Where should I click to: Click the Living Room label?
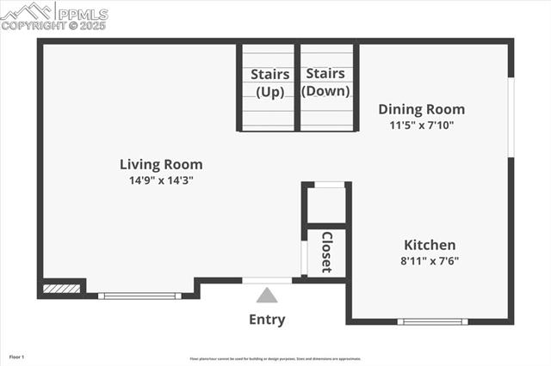point(161,164)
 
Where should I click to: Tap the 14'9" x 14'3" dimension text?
point(161,180)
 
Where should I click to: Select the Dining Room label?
point(422,109)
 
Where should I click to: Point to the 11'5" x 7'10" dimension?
point(422,125)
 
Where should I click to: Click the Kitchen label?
point(430,245)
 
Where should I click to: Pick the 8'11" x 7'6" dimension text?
point(430,260)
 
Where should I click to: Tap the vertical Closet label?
point(327,252)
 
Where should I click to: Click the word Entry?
point(267,320)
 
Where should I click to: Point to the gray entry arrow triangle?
point(267,296)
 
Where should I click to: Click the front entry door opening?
point(267,280)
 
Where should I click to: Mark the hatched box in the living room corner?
point(62,289)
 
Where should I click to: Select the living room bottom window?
point(139,296)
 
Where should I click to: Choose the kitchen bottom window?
point(433,322)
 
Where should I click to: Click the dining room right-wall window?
point(511,117)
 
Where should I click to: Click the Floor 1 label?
point(17,357)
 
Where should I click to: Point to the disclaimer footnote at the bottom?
point(275,359)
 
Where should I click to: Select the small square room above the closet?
point(327,204)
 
